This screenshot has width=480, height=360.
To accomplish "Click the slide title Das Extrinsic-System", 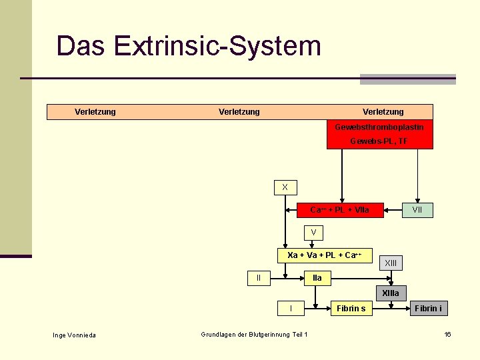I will [189, 47].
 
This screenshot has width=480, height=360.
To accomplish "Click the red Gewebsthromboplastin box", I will [379, 134].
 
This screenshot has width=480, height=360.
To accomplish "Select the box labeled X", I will [285, 187].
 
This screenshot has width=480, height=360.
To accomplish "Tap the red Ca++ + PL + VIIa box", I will [339, 210].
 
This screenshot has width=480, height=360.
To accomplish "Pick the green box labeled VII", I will [417, 210].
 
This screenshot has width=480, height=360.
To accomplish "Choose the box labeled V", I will [313, 233].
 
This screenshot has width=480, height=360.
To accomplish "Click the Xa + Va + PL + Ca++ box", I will [324, 255].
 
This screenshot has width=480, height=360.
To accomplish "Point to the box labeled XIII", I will [391, 263].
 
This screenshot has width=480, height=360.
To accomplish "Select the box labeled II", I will [259, 277].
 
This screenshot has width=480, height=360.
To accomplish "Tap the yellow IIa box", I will [317, 277].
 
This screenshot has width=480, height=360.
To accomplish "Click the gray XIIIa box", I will [391, 293].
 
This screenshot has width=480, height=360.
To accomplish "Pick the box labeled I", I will [291, 308].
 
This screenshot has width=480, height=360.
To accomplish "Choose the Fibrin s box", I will [351, 308].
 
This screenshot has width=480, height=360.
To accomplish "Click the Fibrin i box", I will [427, 308].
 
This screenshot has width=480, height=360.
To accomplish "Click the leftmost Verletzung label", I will [95, 112].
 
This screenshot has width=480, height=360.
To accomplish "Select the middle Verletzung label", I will [239, 112].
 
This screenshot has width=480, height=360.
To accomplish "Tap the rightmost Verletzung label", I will [383, 112].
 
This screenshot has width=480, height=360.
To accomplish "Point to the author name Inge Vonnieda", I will [74, 335].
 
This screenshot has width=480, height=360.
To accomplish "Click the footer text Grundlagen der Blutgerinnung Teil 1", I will [254, 334].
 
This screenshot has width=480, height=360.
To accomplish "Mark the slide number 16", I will [448, 334].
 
